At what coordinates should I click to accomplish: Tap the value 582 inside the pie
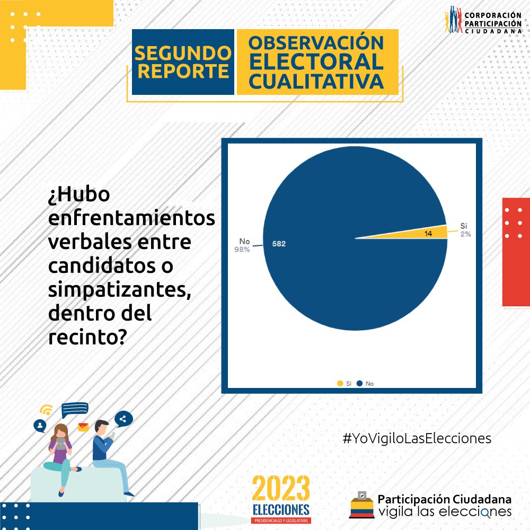(x=279, y=244)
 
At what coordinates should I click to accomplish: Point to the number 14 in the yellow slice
(x=428, y=234)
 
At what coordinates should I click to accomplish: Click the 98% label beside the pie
(x=242, y=250)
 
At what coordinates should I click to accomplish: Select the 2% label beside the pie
(x=465, y=234)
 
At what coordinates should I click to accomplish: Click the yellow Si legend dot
(x=340, y=383)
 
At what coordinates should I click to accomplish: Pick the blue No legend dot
(x=360, y=383)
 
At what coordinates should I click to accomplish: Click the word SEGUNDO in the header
(x=183, y=53)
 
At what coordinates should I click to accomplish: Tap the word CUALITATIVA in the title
(x=316, y=82)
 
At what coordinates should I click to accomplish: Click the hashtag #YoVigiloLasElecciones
(x=417, y=438)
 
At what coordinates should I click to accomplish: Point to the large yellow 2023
(x=281, y=488)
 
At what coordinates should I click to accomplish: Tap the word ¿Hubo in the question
(x=79, y=195)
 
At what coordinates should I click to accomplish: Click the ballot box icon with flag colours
(x=361, y=505)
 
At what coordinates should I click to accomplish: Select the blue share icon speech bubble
(x=123, y=419)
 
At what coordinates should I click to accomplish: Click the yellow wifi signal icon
(x=46, y=410)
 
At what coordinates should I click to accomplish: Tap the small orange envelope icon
(x=83, y=427)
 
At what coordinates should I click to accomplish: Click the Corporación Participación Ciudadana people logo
(x=453, y=20)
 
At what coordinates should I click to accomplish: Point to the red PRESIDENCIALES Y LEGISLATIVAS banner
(x=281, y=520)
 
